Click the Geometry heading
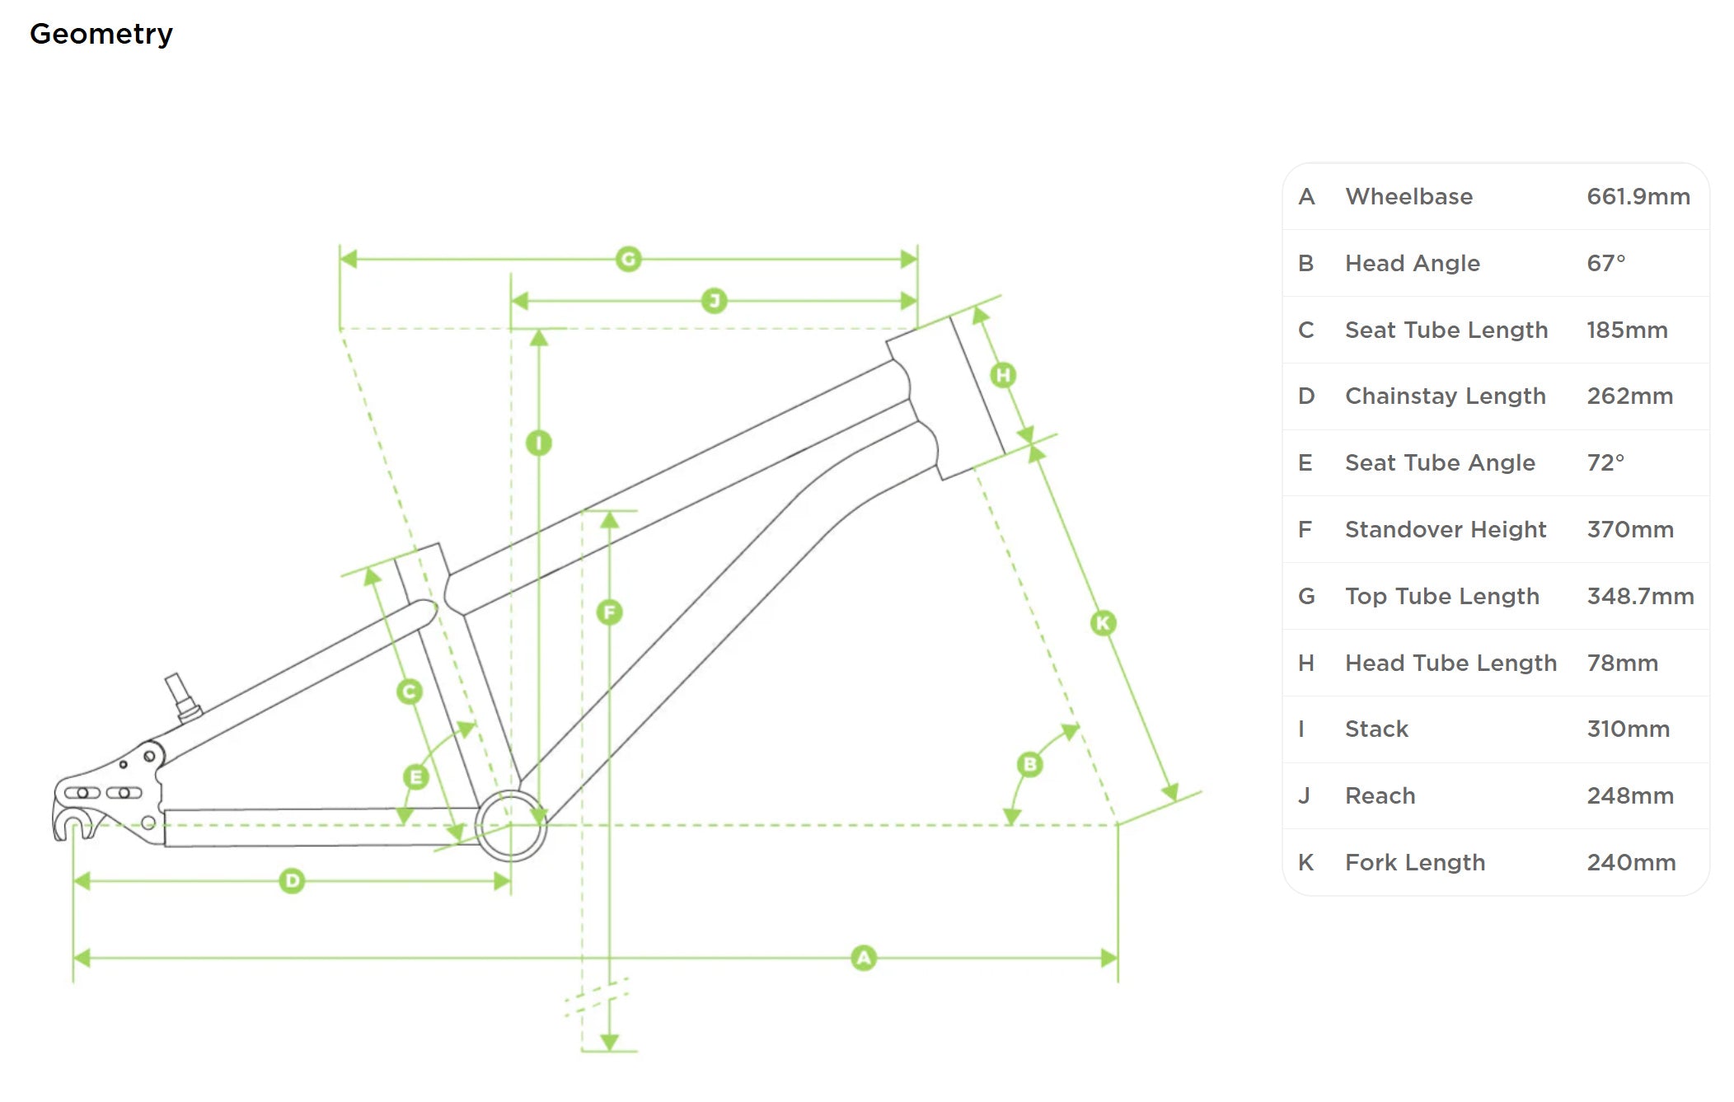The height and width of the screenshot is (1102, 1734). click(x=101, y=34)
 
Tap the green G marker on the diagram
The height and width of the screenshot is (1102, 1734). click(x=629, y=260)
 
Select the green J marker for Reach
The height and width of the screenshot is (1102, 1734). click(x=714, y=301)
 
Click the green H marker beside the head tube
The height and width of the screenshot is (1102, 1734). click(x=1003, y=376)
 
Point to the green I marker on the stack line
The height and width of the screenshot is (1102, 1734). click(x=539, y=443)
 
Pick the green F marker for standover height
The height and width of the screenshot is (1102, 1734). click(x=609, y=612)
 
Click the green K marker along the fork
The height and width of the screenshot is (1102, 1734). click(x=1103, y=623)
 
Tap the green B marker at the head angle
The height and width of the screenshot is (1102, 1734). click(x=1029, y=765)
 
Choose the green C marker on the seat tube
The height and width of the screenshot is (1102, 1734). click(x=410, y=692)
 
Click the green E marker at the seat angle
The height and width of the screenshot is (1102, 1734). click(x=416, y=776)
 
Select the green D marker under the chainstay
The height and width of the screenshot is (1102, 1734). click(x=292, y=881)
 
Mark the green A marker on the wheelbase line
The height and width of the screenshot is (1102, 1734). click(x=864, y=958)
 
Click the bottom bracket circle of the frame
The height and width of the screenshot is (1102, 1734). click(x=511, y=825)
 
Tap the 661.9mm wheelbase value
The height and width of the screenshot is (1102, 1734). click(x=1638, y=197)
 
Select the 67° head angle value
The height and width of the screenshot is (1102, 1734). click(x=1605, y=264)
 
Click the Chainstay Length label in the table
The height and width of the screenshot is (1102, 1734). click(x=1445, y=396)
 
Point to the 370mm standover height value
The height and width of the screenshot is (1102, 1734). click(x=1629, y=530)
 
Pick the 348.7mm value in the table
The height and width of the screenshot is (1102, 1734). click(x=1640, y=597)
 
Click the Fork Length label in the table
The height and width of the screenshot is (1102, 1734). click(x=1414, y=863)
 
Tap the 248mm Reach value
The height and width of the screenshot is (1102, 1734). click(x=1629, y=796)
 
